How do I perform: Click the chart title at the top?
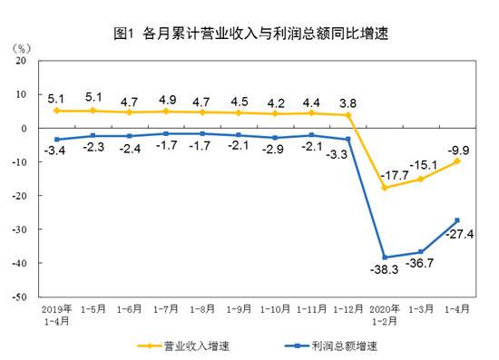pyautogui.click(x=250, y=34)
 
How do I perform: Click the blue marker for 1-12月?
pyautogui.click(x=348, y=139)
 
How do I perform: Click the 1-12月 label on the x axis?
pyautogui.click(x=348, y=309)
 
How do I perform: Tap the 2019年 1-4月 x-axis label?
pyautogui.click(x=56, y=314)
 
